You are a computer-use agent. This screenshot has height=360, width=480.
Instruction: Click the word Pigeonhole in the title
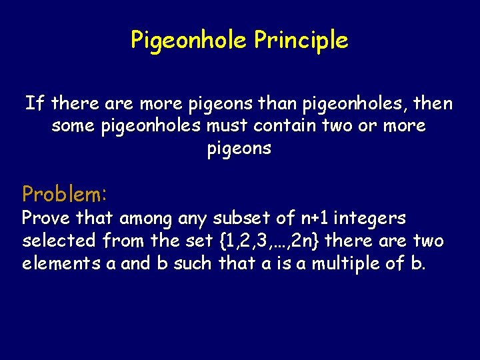(189, 41)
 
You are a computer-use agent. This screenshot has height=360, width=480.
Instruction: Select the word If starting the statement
(35, 104)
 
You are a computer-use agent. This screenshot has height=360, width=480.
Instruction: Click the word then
(432, 104)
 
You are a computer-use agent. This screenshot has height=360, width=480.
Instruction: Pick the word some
(73, 126)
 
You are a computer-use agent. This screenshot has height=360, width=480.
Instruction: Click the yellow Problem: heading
(64, 194)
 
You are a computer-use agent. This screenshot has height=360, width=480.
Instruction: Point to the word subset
(243, 218)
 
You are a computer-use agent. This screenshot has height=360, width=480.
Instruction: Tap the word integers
(370, 218)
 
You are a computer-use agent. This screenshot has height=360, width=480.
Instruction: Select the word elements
(61, 263)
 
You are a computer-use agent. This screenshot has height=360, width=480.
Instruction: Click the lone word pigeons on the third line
(239, 149)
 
